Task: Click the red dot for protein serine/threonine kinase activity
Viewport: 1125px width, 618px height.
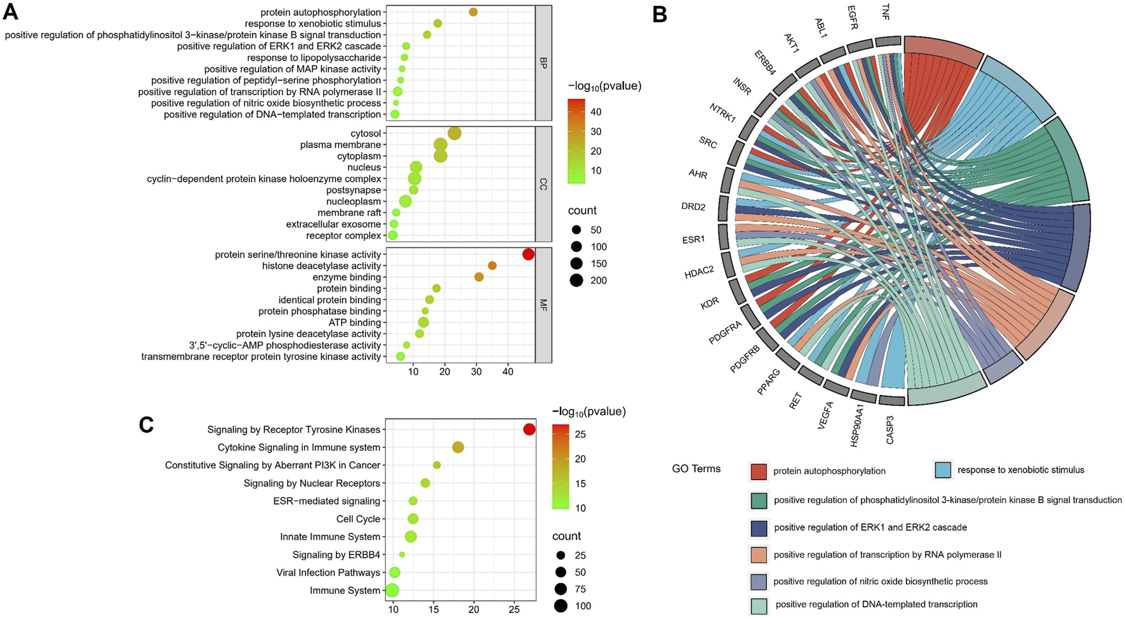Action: [x=528, y=254]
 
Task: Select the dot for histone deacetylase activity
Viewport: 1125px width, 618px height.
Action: [x=492, y=266]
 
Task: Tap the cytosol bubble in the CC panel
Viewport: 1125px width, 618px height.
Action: [x=455, y=133]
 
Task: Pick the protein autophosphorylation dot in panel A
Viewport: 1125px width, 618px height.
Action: [x=473, y=12]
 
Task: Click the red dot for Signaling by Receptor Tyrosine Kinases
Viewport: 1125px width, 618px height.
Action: [x=529, y=430]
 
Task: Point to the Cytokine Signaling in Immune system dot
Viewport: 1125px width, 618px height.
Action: [x=458, y=447]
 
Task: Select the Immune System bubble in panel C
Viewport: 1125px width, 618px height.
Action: [x=392, y=591]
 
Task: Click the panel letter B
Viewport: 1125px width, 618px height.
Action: [x=660, y=14]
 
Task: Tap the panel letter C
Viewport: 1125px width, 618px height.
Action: [x=146, y=423]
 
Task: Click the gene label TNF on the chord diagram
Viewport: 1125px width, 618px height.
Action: [x=885, y=12]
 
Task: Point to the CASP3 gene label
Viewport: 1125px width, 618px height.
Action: [x=889, y=430]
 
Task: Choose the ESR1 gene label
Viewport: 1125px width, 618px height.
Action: [x=693, y=240]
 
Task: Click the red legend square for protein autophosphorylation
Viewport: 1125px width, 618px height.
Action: [x=759, y=471]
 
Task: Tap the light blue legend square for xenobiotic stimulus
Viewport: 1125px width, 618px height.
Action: [x=942, y=470]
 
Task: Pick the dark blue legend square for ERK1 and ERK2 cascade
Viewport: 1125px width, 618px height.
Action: [x=759, y=528]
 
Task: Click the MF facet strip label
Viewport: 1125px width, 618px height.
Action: [x=543, y=306]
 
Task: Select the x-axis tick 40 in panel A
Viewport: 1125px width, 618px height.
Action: [x=508, y=372]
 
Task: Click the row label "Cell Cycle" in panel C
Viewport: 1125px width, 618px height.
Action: [x=358, y=519]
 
